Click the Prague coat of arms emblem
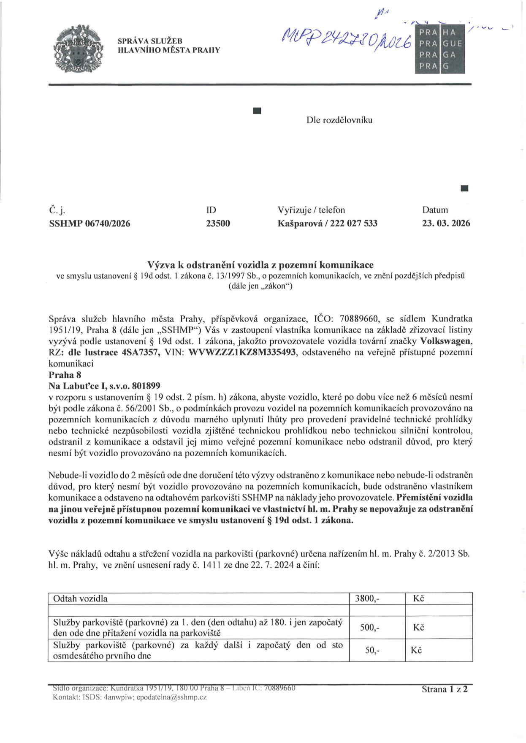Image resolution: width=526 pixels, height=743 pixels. click(79, 48)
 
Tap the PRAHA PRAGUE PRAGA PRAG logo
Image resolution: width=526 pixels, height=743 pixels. click(439, 49)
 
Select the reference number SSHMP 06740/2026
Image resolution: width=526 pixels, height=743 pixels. click(89, 223)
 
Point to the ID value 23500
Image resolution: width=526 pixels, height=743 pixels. click(218, 223)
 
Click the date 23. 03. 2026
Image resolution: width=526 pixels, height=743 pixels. click(446, 223)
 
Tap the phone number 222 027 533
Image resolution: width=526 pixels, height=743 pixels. click(354, 223)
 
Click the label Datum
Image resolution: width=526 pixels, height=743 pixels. click(435, 210)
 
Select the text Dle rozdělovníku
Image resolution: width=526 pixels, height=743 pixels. click(339, 120)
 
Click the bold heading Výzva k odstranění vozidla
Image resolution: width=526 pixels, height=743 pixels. click(260, 265)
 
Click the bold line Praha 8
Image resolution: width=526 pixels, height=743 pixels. click(65, 375)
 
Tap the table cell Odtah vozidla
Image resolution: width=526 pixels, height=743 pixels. click(80, 599)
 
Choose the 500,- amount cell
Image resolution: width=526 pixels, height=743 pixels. click(369, 628)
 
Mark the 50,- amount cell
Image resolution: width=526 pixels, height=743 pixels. click(372, 650)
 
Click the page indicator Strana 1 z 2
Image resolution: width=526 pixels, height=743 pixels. click(445, 689)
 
